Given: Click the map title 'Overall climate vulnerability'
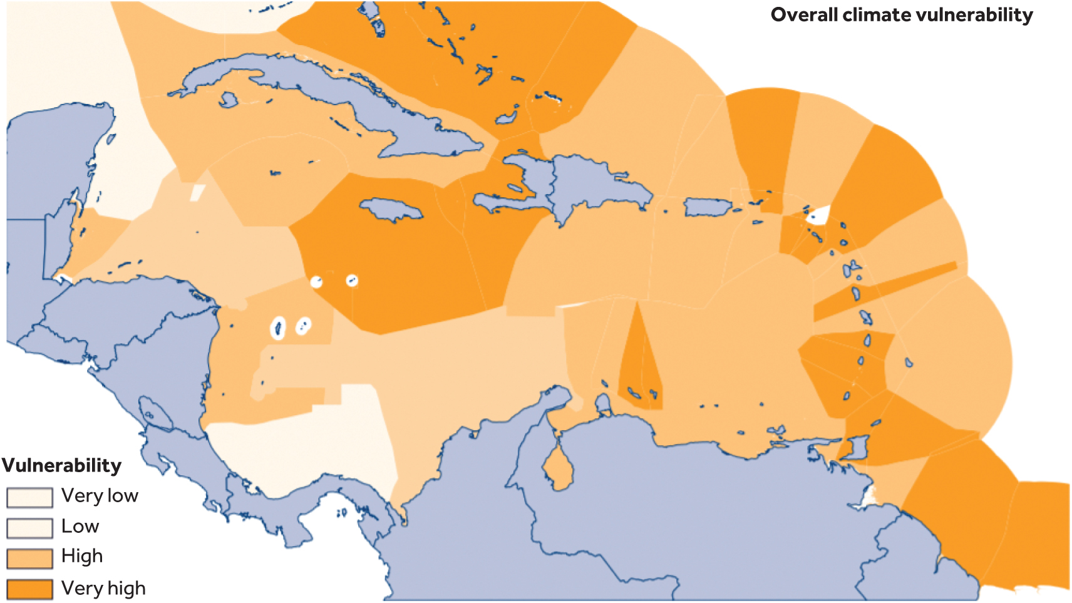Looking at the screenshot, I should pos(901,15).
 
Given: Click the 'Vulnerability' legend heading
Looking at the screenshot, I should pos(61,465).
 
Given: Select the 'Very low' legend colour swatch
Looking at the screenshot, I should pos(29,497).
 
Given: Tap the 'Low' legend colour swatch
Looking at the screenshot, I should pos(29,528).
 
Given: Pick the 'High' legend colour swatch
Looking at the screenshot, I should pos(29,558).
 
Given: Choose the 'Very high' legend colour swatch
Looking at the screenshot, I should pos(29,589).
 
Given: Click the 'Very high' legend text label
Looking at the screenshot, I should pos(103,589).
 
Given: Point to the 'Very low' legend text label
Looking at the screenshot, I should pos(100,496).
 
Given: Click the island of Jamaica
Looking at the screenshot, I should pos(391,209).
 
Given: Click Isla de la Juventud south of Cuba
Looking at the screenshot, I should pos(228,100).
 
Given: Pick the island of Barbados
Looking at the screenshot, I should pos(909,362).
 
